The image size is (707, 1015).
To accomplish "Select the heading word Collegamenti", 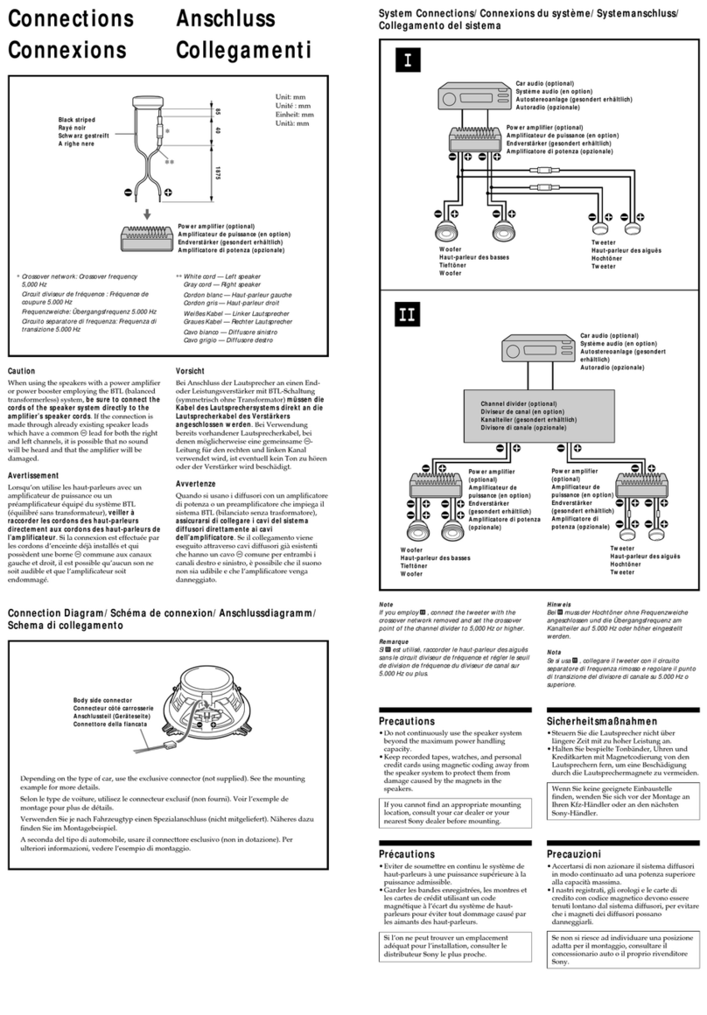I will [243, 50].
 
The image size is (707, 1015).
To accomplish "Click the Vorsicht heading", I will [191, 371].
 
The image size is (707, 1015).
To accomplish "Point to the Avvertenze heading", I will [197, 483].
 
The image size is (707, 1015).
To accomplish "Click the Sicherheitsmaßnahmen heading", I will [604, 720].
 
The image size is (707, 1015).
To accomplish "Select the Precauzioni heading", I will [573, 853].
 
